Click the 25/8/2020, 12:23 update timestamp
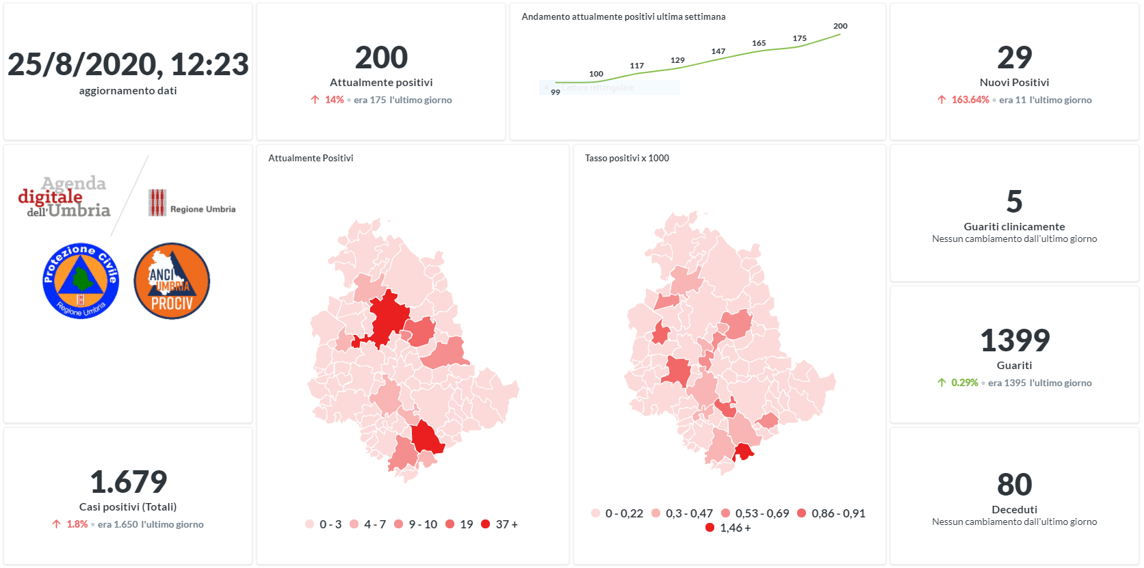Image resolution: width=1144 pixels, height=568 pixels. [x=128, y=65]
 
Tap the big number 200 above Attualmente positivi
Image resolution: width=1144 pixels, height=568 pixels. [x=381, y=57]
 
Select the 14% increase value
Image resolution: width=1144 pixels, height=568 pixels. [x=334, y=100]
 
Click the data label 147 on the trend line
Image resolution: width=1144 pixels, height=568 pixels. [x=718, y=51]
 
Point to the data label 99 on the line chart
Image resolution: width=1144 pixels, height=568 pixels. [x=556, y=92]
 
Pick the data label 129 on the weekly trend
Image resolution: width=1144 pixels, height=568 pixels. [x=677, y=60]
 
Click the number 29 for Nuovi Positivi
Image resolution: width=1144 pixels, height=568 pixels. [x=1014, y=57]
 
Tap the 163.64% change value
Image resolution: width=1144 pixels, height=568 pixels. [x=970, y=100]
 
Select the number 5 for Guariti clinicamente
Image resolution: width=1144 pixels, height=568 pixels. [x=1014, y=202]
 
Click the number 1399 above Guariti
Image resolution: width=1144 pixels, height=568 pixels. [x=1014, y=340]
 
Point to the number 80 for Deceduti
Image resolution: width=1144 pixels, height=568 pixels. [x=1014, y=485]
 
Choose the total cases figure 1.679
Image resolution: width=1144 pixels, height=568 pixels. [x=128, y=482]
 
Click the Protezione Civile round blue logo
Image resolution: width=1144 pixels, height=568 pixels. [x=81, y=281]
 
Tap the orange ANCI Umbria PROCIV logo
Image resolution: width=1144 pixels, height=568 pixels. [x=172, y=281]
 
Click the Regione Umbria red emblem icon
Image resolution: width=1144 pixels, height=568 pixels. [x=157, y=203]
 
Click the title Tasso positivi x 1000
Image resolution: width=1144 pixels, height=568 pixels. [x=627, y=158]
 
